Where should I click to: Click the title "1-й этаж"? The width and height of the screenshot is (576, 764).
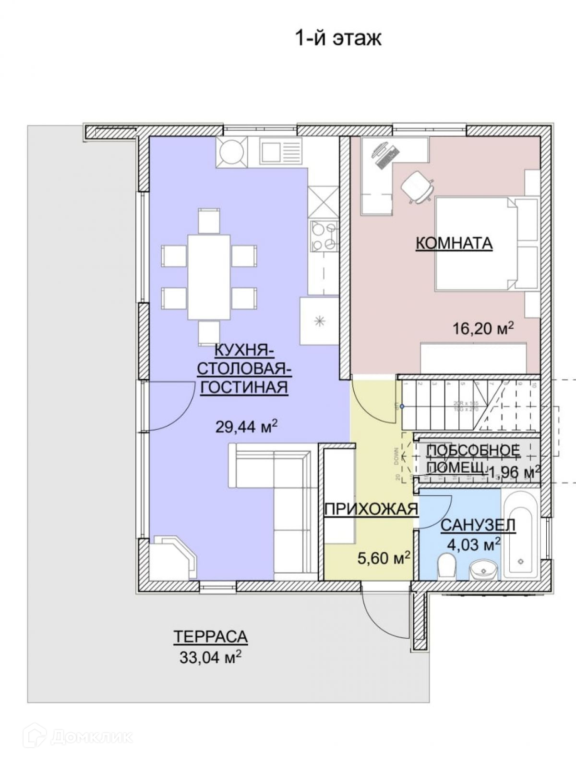pos(337,38)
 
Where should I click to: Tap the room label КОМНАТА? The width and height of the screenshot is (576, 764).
pos(454,243)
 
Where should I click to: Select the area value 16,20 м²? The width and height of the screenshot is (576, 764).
pos(483,329)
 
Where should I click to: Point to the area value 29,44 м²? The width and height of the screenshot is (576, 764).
pos(246,427)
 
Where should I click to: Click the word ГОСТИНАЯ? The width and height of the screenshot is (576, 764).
pos(243,387)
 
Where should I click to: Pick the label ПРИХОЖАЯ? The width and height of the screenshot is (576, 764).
pos(371,509)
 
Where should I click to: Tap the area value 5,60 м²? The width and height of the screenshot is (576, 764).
pos(384,558)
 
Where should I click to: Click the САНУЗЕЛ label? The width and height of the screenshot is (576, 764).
pos(478,525)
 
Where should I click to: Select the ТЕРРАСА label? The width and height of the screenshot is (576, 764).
pos(210,637)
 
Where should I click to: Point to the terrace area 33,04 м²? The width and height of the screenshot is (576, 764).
pos(210,657)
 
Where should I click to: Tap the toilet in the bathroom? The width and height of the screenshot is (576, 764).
pos(447,564)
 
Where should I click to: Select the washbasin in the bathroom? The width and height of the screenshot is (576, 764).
pos(482,570)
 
